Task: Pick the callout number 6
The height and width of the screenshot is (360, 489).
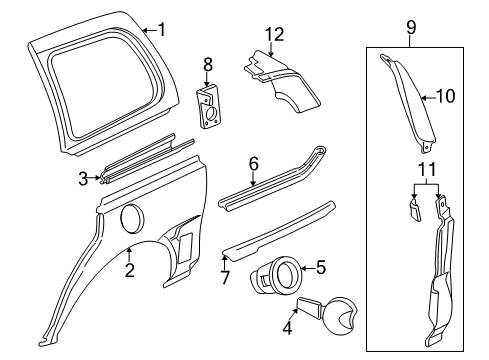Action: click(253, 163)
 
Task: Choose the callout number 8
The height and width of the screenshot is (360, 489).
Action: click(208, 65)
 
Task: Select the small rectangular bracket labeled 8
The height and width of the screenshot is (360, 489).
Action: click(210, 104)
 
